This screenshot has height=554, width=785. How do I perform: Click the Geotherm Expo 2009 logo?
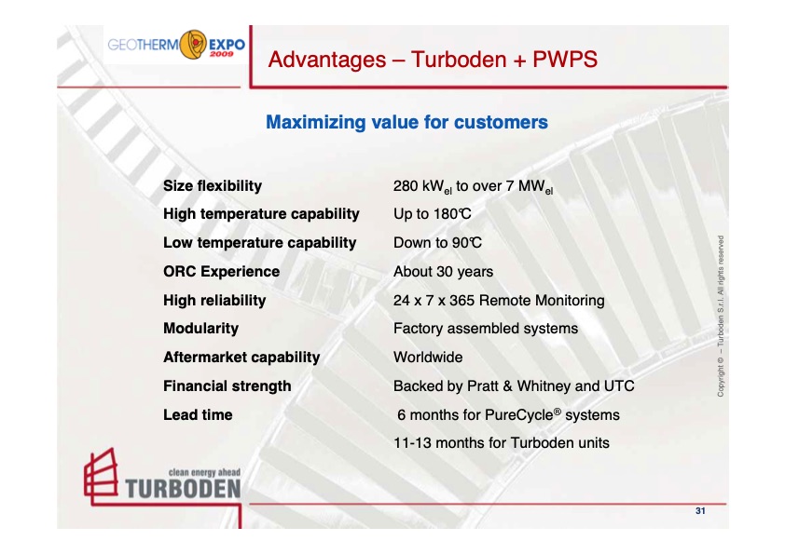[175, 45]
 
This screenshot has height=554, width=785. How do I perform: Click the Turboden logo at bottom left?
[161, 477]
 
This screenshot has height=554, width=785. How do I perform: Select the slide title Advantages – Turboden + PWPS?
[432, 61]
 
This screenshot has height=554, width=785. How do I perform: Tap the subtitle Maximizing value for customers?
[406, 122]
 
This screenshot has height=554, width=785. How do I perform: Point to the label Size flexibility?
[213, 186]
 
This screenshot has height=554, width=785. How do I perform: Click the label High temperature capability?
[261, 214]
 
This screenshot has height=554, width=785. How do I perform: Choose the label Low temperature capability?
[259, 243]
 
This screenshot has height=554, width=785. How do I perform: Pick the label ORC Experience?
[221, 272]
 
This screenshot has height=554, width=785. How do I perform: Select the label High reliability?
[214, 301]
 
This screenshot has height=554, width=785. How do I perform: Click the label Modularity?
[200, 329]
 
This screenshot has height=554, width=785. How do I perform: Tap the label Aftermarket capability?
[241, 358]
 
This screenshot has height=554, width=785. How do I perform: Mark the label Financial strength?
[227, 386]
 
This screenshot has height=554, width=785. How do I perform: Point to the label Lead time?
[198, 414]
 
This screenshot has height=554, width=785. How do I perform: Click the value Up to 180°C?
[433, 214]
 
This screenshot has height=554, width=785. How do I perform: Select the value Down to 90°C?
[436, 243]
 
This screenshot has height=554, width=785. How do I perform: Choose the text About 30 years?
[444, 272]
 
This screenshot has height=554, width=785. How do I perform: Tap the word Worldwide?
[428, 358]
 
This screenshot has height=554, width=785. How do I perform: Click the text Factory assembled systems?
[486, 329]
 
